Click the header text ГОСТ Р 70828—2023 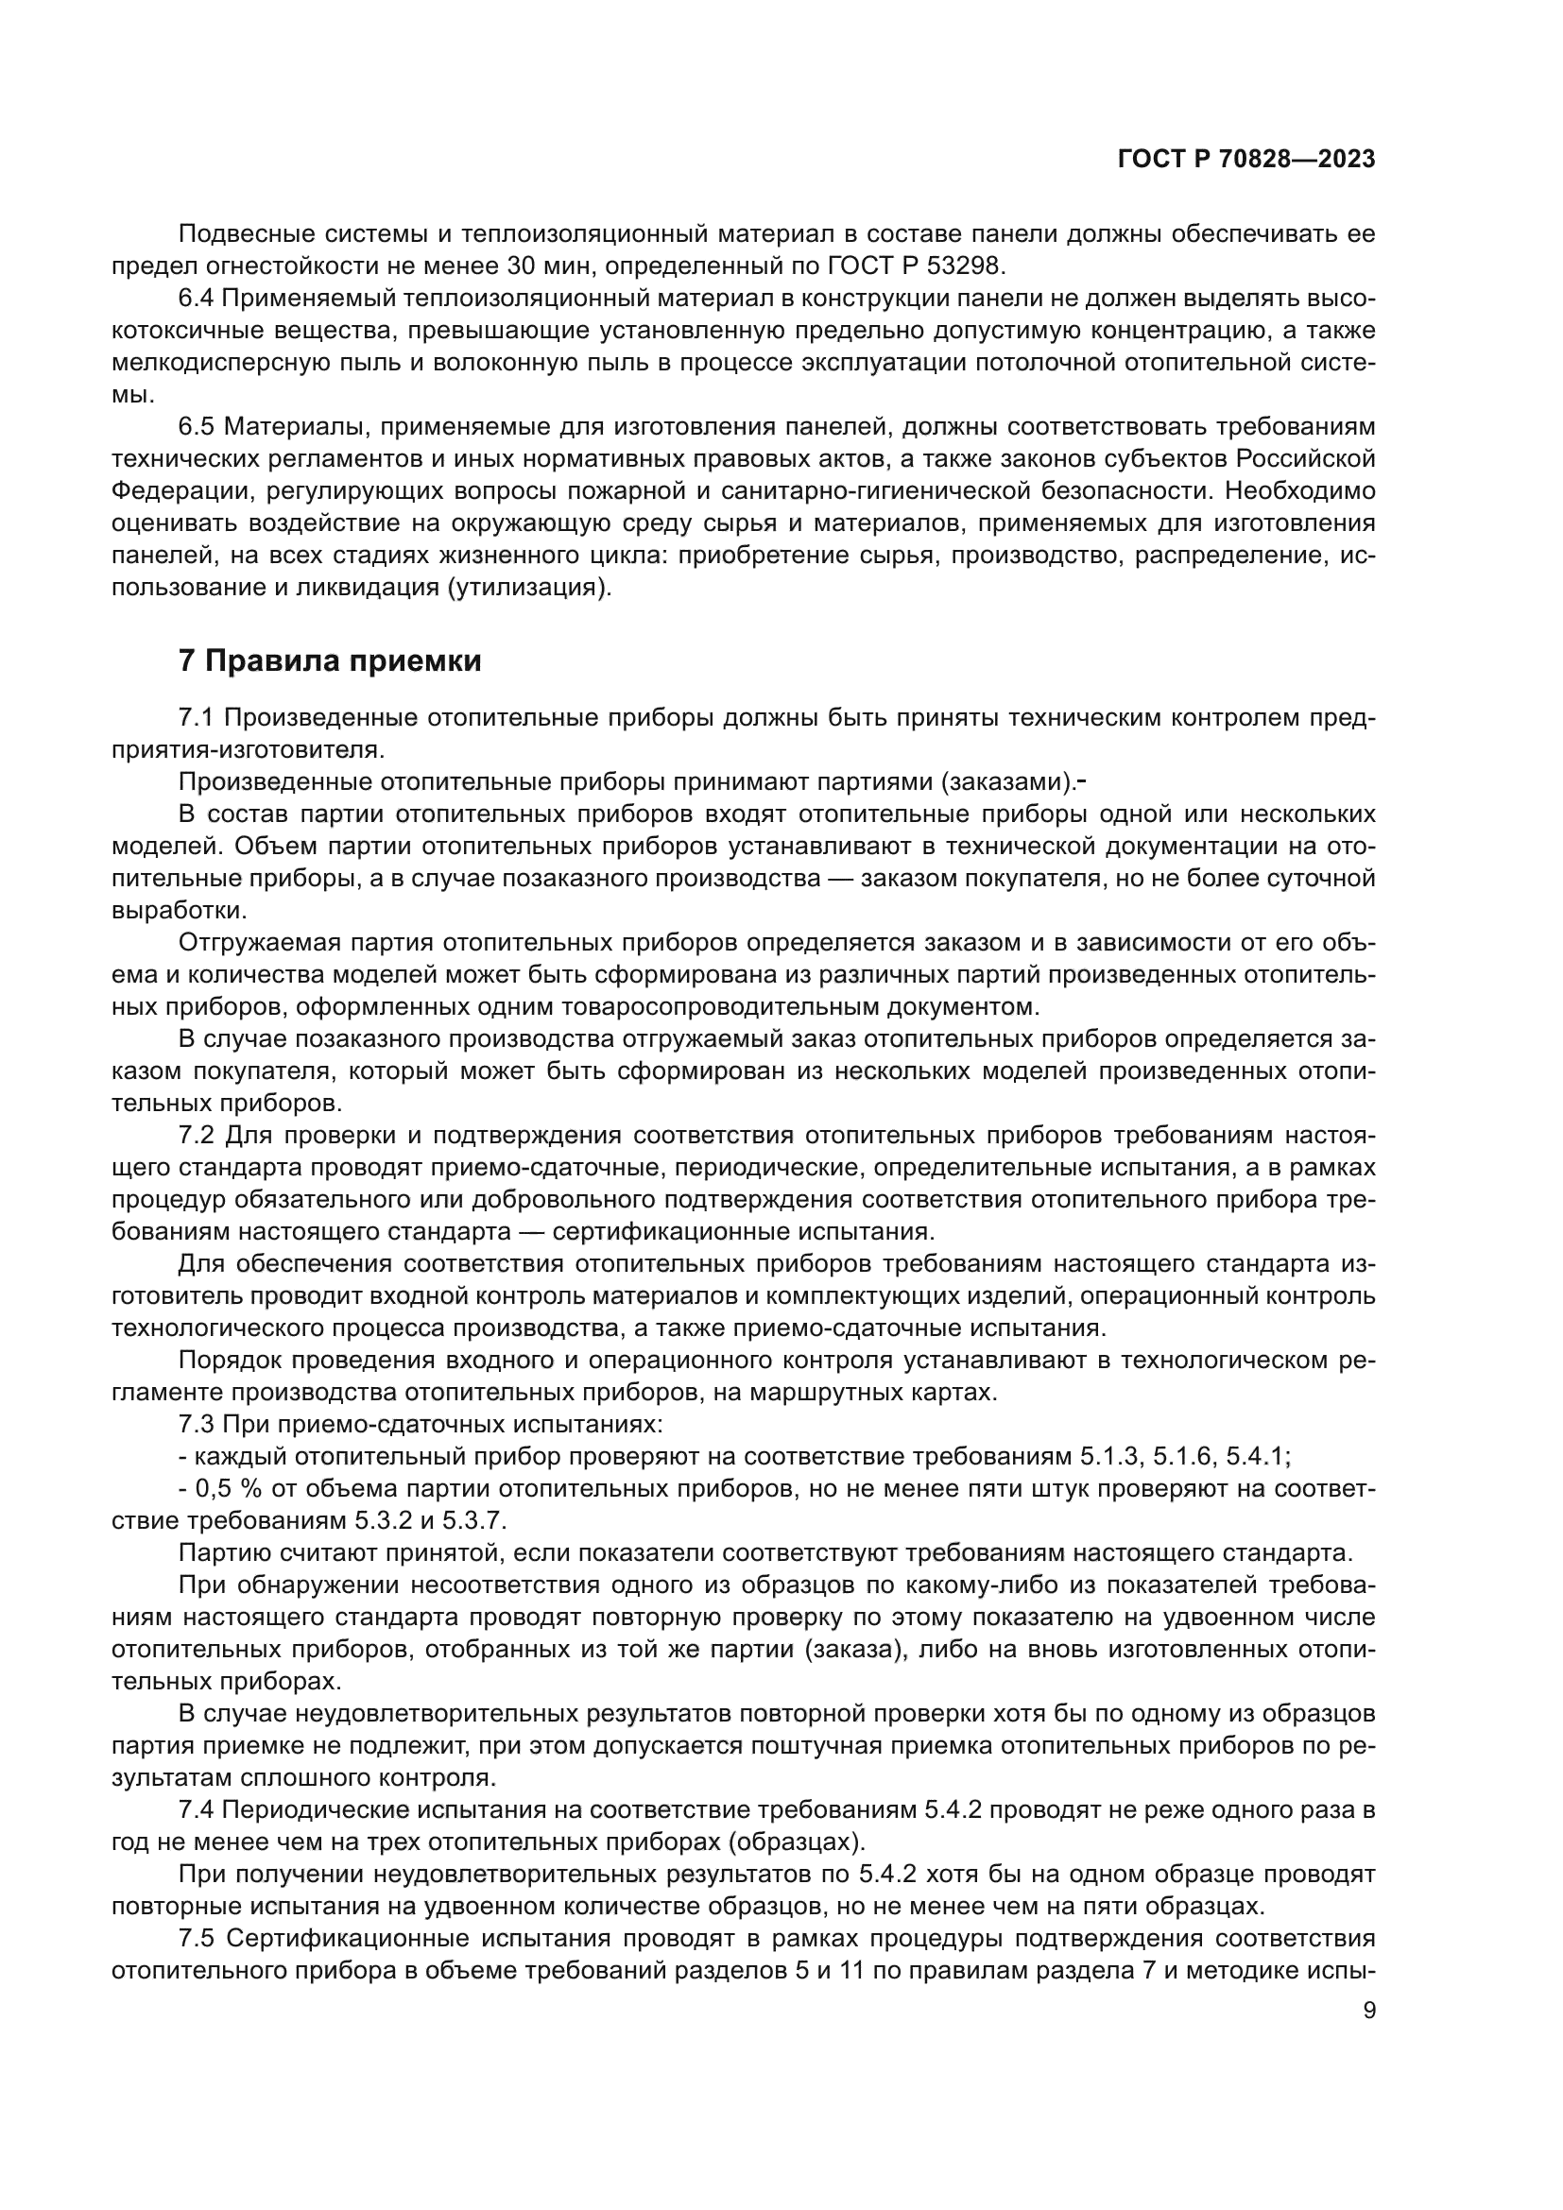tap(1245, 160)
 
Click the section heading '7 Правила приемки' tap(330, 661)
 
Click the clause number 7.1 tap(198, 717)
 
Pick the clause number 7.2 tap(198, 1135)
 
